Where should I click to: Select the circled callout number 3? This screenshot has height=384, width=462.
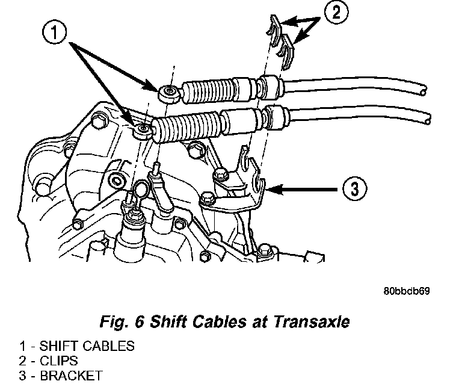[x=354, y=188]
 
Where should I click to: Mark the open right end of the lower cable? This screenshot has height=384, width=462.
[x=427, y=120]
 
